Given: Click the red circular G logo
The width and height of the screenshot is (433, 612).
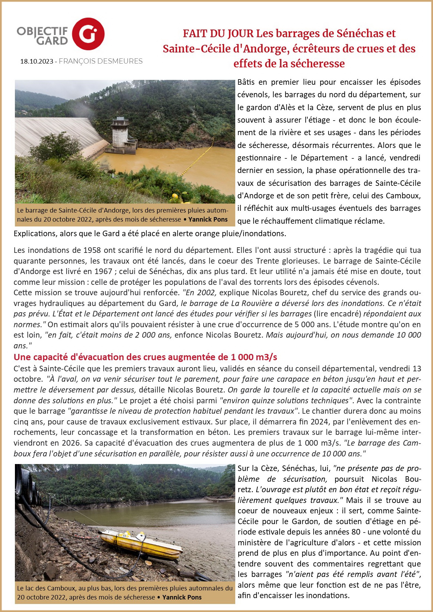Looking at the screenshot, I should (88, 34).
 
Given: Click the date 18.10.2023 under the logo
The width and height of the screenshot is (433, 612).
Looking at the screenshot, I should (36, 61).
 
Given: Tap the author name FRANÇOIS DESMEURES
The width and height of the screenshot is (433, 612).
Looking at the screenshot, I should (101, 61).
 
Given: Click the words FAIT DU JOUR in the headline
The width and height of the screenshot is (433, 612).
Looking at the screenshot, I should (218, 34).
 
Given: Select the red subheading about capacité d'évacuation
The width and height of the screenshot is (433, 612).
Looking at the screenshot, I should (145, 357).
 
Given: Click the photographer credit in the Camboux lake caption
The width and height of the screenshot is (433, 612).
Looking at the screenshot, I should (182, 597).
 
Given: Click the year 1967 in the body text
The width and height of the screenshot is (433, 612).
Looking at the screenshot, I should (103, 271).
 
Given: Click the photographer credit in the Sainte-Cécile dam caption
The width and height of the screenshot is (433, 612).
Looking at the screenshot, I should (208, 220).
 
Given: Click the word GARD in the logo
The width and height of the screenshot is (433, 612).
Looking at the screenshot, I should (52, 41).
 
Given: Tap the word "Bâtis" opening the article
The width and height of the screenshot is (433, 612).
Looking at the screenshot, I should (246, 82).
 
